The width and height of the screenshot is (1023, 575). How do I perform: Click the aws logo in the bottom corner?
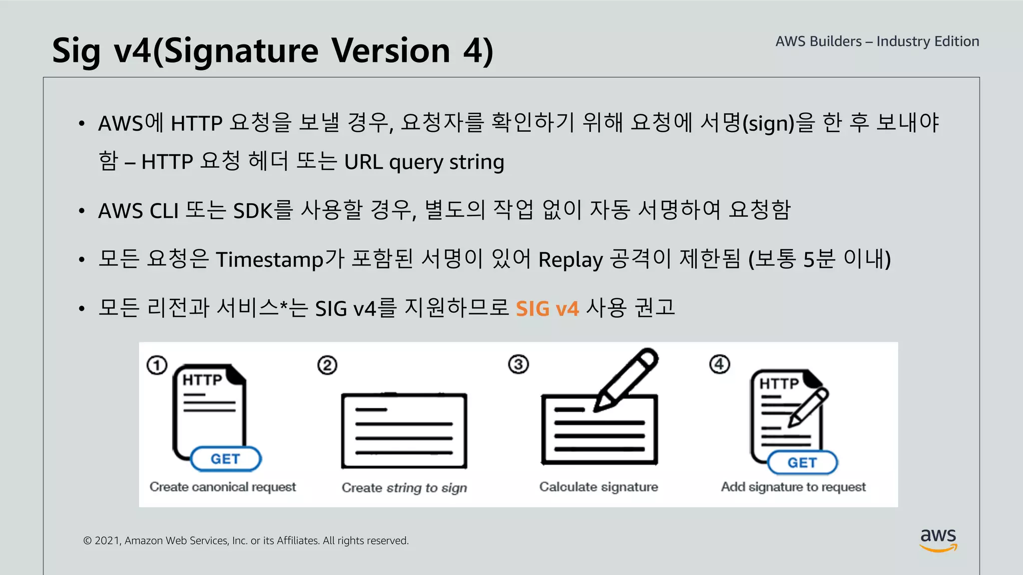(x=938, y=540)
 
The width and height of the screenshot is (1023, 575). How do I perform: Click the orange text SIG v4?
(x=547, y=309)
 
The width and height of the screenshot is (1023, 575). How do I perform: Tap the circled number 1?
(x=157, y=365)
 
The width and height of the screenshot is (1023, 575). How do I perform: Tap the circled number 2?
(x=327, y=365)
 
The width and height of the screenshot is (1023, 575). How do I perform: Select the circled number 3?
(x=518, y=364)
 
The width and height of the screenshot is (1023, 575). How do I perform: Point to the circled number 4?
(x=719, y=364)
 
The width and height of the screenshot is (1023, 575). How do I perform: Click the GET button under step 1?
(x=226, y=459)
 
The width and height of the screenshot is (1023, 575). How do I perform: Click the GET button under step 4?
(x=802, y=463)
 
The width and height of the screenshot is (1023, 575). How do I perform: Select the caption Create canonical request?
(x=223, y=487)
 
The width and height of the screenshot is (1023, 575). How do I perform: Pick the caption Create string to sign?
(x=404, y=488)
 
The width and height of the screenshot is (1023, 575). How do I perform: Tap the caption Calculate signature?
(x=598, y=487)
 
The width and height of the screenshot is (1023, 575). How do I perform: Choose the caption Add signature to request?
(x=793, y=487)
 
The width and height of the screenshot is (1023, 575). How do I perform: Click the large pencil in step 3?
(x=627, y=379)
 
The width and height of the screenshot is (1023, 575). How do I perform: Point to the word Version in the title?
(x=391, y=51)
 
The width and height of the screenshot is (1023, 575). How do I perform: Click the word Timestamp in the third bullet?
(x=270, y=260)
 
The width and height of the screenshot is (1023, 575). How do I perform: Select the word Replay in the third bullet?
(x=570, y=260)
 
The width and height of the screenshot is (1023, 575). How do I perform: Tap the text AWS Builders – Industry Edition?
(x=877, y=41)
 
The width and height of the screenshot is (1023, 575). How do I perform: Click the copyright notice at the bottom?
(x=246, y=541)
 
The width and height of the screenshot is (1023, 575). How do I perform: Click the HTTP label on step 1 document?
(x=202, y=380)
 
